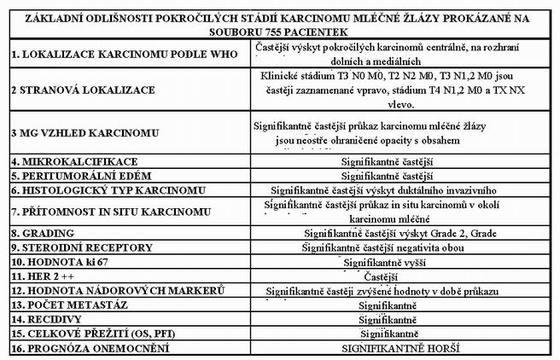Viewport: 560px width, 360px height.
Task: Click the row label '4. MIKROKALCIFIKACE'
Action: click(x=63, y=160)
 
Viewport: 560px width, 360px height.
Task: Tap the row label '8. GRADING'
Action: click(x=39, y=233)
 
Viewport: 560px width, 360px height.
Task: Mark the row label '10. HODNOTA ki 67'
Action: click(x=58, y=262)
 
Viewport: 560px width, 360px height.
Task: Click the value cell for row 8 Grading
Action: click(x=399, y=233)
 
